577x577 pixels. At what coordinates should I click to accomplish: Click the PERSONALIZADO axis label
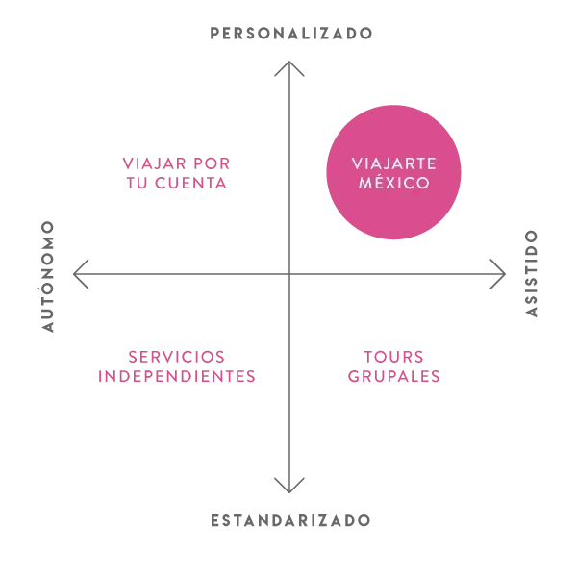click(290, 34)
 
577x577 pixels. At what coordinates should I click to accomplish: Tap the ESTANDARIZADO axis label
click(290, 520)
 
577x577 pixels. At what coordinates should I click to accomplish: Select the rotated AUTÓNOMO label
click(48, 277)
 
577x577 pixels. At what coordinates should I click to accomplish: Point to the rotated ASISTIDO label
click(531, 273)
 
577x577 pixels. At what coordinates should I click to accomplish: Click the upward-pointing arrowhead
click(289, 68)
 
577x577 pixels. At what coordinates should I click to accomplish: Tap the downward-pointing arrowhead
click(289, 486)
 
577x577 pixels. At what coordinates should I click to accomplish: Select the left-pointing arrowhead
click(81, 274)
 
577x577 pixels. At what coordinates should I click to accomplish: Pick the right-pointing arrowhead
click(498, 274)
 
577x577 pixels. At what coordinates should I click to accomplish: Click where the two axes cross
click(289, 274)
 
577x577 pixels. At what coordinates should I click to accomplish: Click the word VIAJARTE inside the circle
click(393, 163)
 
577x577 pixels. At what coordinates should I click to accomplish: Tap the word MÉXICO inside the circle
click(393, 183)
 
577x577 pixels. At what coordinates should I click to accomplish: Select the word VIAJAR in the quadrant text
click(154, 163)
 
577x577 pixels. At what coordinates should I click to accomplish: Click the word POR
click(212, 163)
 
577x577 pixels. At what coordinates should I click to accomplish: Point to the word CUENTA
click(190, 183)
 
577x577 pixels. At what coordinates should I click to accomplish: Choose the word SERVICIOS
click(177, 357)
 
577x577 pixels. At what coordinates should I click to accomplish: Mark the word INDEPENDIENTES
click(177, 376)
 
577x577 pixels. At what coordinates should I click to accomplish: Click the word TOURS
click(393, 357)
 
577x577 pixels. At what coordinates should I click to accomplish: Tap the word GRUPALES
click(393, 376)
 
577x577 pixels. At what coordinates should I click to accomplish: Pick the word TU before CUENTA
click(137, 183)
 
